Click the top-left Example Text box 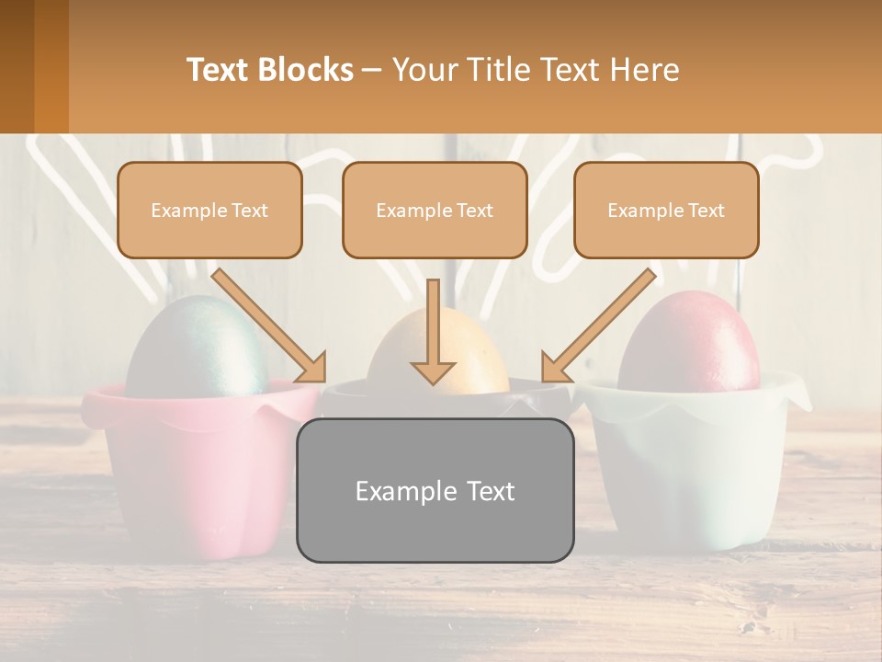tap(209, 210)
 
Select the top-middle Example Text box tap(435, 210)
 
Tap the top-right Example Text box tap(666, 210)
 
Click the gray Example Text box tap(435, 490)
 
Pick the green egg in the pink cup tap(196, 349)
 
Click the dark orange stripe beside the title tap(51, 66)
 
